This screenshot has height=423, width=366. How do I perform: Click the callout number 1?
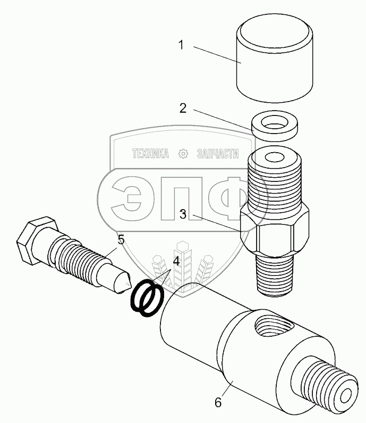pyautogui.click(x=181, y=46)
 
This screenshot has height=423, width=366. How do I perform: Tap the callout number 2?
pyautogui.click(x=183, y=109)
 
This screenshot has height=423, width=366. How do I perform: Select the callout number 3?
pyautogui.click(x=183, y=214)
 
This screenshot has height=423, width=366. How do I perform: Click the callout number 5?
pyautogui.click(x=121, y=240)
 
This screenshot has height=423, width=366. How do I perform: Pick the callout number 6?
pyautogui.click(x=217, y=402)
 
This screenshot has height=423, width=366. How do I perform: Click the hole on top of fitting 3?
pyautogui.click(x=276, y=158)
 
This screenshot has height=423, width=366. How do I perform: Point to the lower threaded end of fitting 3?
pyautogui.click(x=275, y=273)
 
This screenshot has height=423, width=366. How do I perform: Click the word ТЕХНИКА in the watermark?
pyautogui.click(x=150, y=154)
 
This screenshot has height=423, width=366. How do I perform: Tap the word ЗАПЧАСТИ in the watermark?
pyautogui.click(x=217, y=154)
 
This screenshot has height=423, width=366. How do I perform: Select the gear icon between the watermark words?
pyautogui.click(x=183, y=154)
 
